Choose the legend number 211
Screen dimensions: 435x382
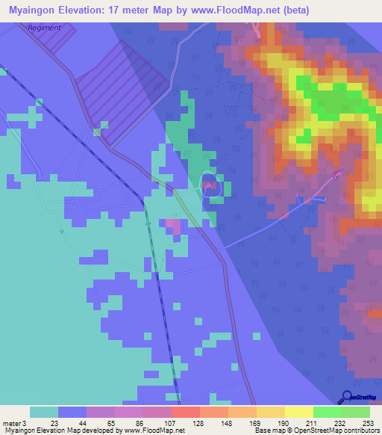pyautogui.click(x=313, y=422)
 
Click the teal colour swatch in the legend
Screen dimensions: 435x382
pyautogui.click(x=44, y=412)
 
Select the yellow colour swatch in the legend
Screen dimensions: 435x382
pyautogui.click(x=298, y=412)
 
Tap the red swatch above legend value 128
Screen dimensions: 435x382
pyautogui.click(x=185, y=412)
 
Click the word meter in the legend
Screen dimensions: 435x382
pyautogui.click(x=11, y=422)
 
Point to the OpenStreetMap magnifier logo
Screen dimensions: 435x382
pyautogui.click(x=348, y=397)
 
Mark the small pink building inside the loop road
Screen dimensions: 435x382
pyautogui.click(x=210, y=185)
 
